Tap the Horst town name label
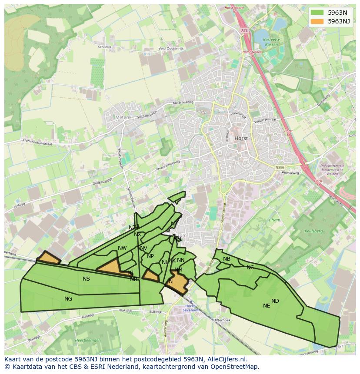tap(241, 138)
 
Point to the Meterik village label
tap(123, 117)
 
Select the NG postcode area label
tap(68, 298)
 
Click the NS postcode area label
tap(86, 279)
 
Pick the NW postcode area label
tap(122, 248)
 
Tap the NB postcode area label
tap(227, 259)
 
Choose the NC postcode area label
tap(250, 267)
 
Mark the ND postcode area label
tap(275, 301)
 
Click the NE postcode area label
tap(267, 306)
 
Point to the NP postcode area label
tap(150, 256)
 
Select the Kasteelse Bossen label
tap(272, 42)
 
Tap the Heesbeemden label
tap(88, 340)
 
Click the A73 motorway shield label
tap(244, 31)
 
